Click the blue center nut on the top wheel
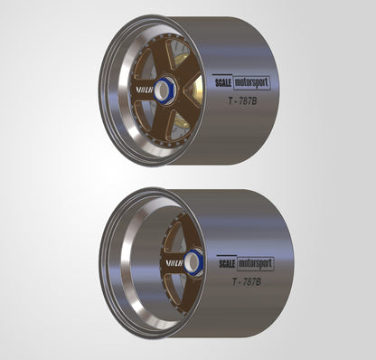(165, 89)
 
